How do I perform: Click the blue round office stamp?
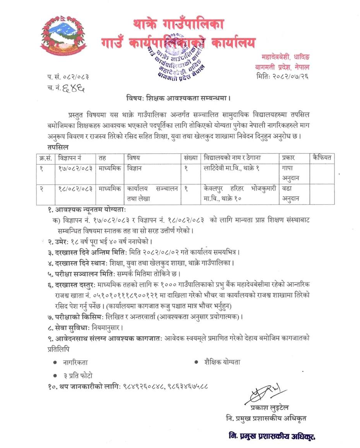click(x=176, y=57)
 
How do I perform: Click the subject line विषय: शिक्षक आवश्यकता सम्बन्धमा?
click(x=178, y=98)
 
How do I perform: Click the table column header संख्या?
click(x=191, y=157)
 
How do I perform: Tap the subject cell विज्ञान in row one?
click(x=135, y=168)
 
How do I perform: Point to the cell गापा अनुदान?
click(x=291, y=173)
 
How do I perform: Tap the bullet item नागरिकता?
click(x=76, y=362)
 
